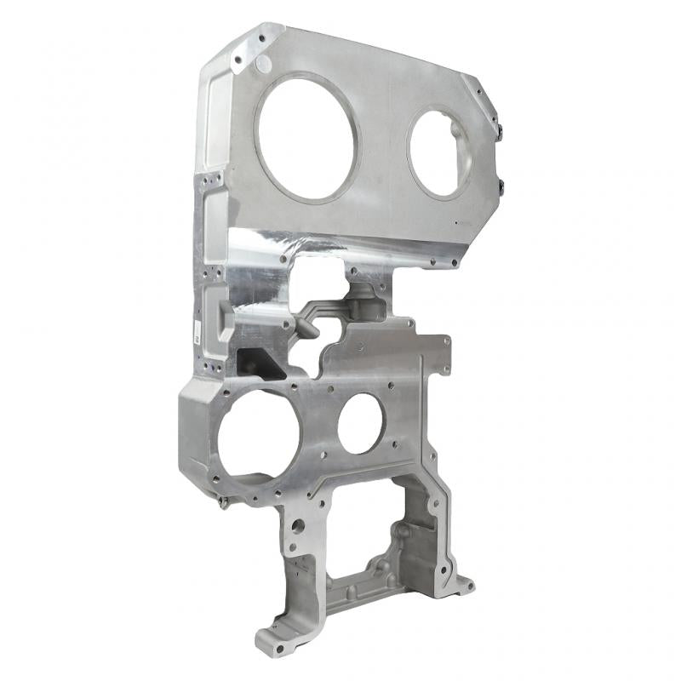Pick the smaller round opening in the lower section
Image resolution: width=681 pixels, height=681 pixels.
[360, 423]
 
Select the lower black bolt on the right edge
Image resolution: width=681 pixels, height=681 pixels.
[501, 185]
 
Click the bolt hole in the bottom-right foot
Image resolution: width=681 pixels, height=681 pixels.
[464, 585]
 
